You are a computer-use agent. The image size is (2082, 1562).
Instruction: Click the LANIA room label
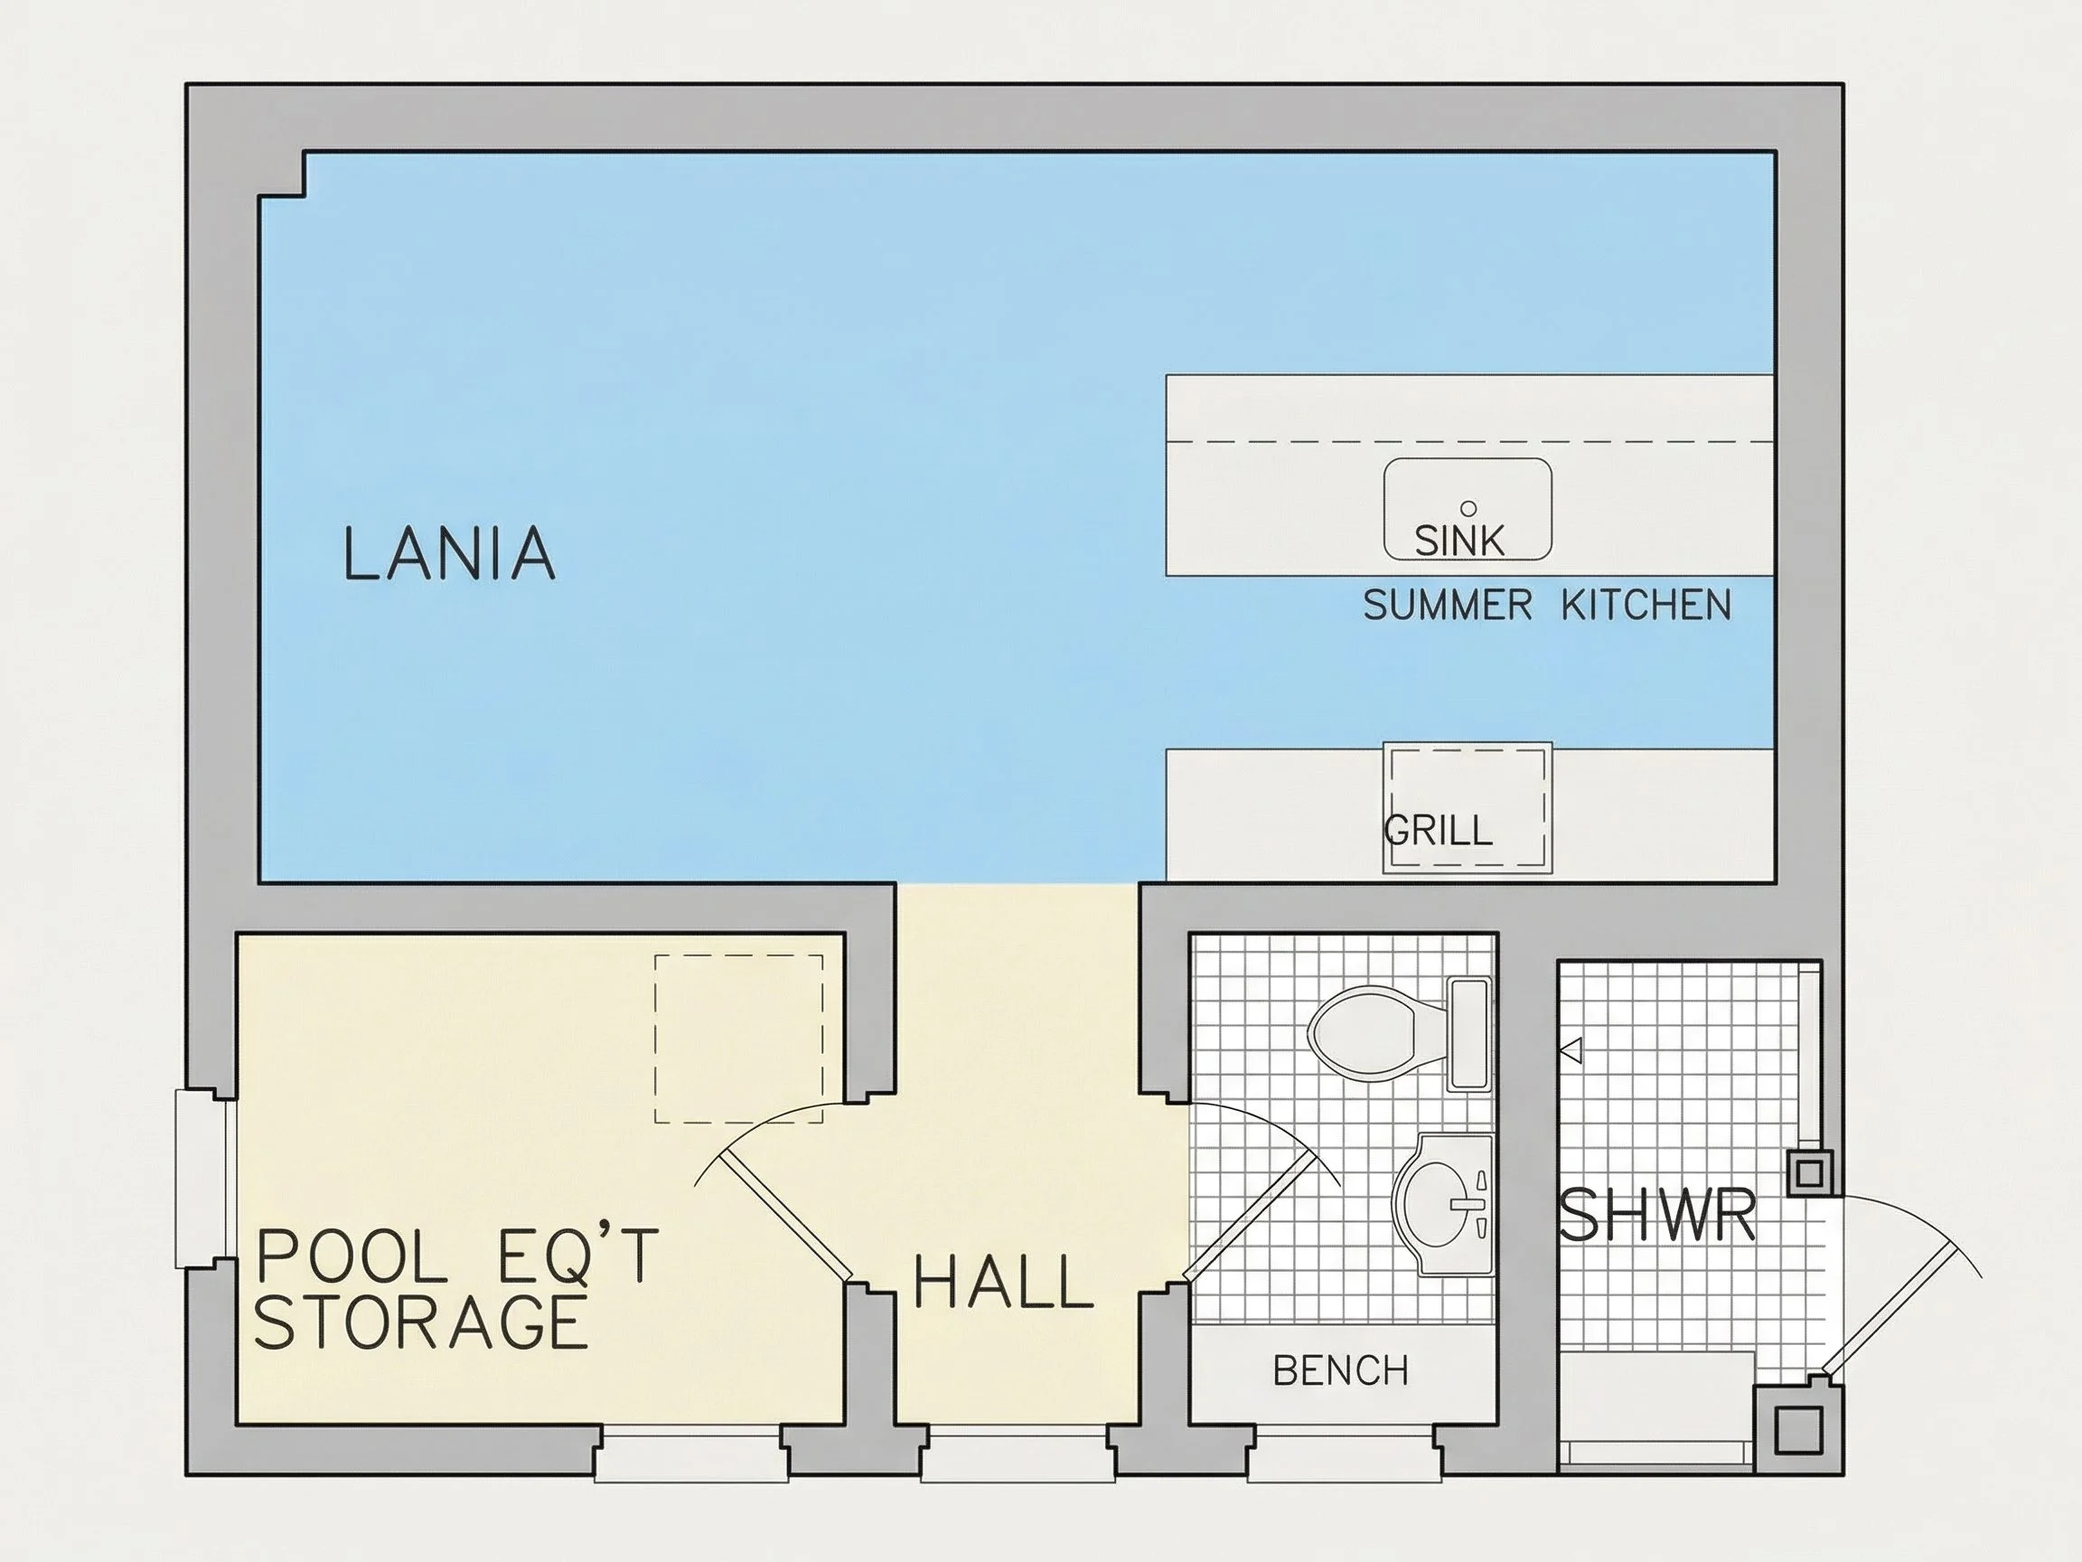click(x=449, y=552)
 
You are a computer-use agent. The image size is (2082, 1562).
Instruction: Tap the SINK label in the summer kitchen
click(x=1458, y=541)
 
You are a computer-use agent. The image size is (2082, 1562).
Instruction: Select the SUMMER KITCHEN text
click(x=1547, y=605)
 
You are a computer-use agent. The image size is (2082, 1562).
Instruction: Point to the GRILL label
click(x=1439, y=830)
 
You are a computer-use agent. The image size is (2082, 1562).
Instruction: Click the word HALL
click(x=1003, y=1283)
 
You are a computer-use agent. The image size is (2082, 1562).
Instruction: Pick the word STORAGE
click(x=421, y=1322)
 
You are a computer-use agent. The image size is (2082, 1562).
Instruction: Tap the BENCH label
click(x=1340, y=1371)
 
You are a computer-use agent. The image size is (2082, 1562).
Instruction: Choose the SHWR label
click(x=1656, y=1215)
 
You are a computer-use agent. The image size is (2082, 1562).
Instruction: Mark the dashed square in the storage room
click(x=739, y=1039)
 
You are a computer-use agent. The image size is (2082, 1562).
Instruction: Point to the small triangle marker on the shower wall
click(x=1571, y=1049)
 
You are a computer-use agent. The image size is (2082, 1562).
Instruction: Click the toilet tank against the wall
click(x=1469, y=1034)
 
